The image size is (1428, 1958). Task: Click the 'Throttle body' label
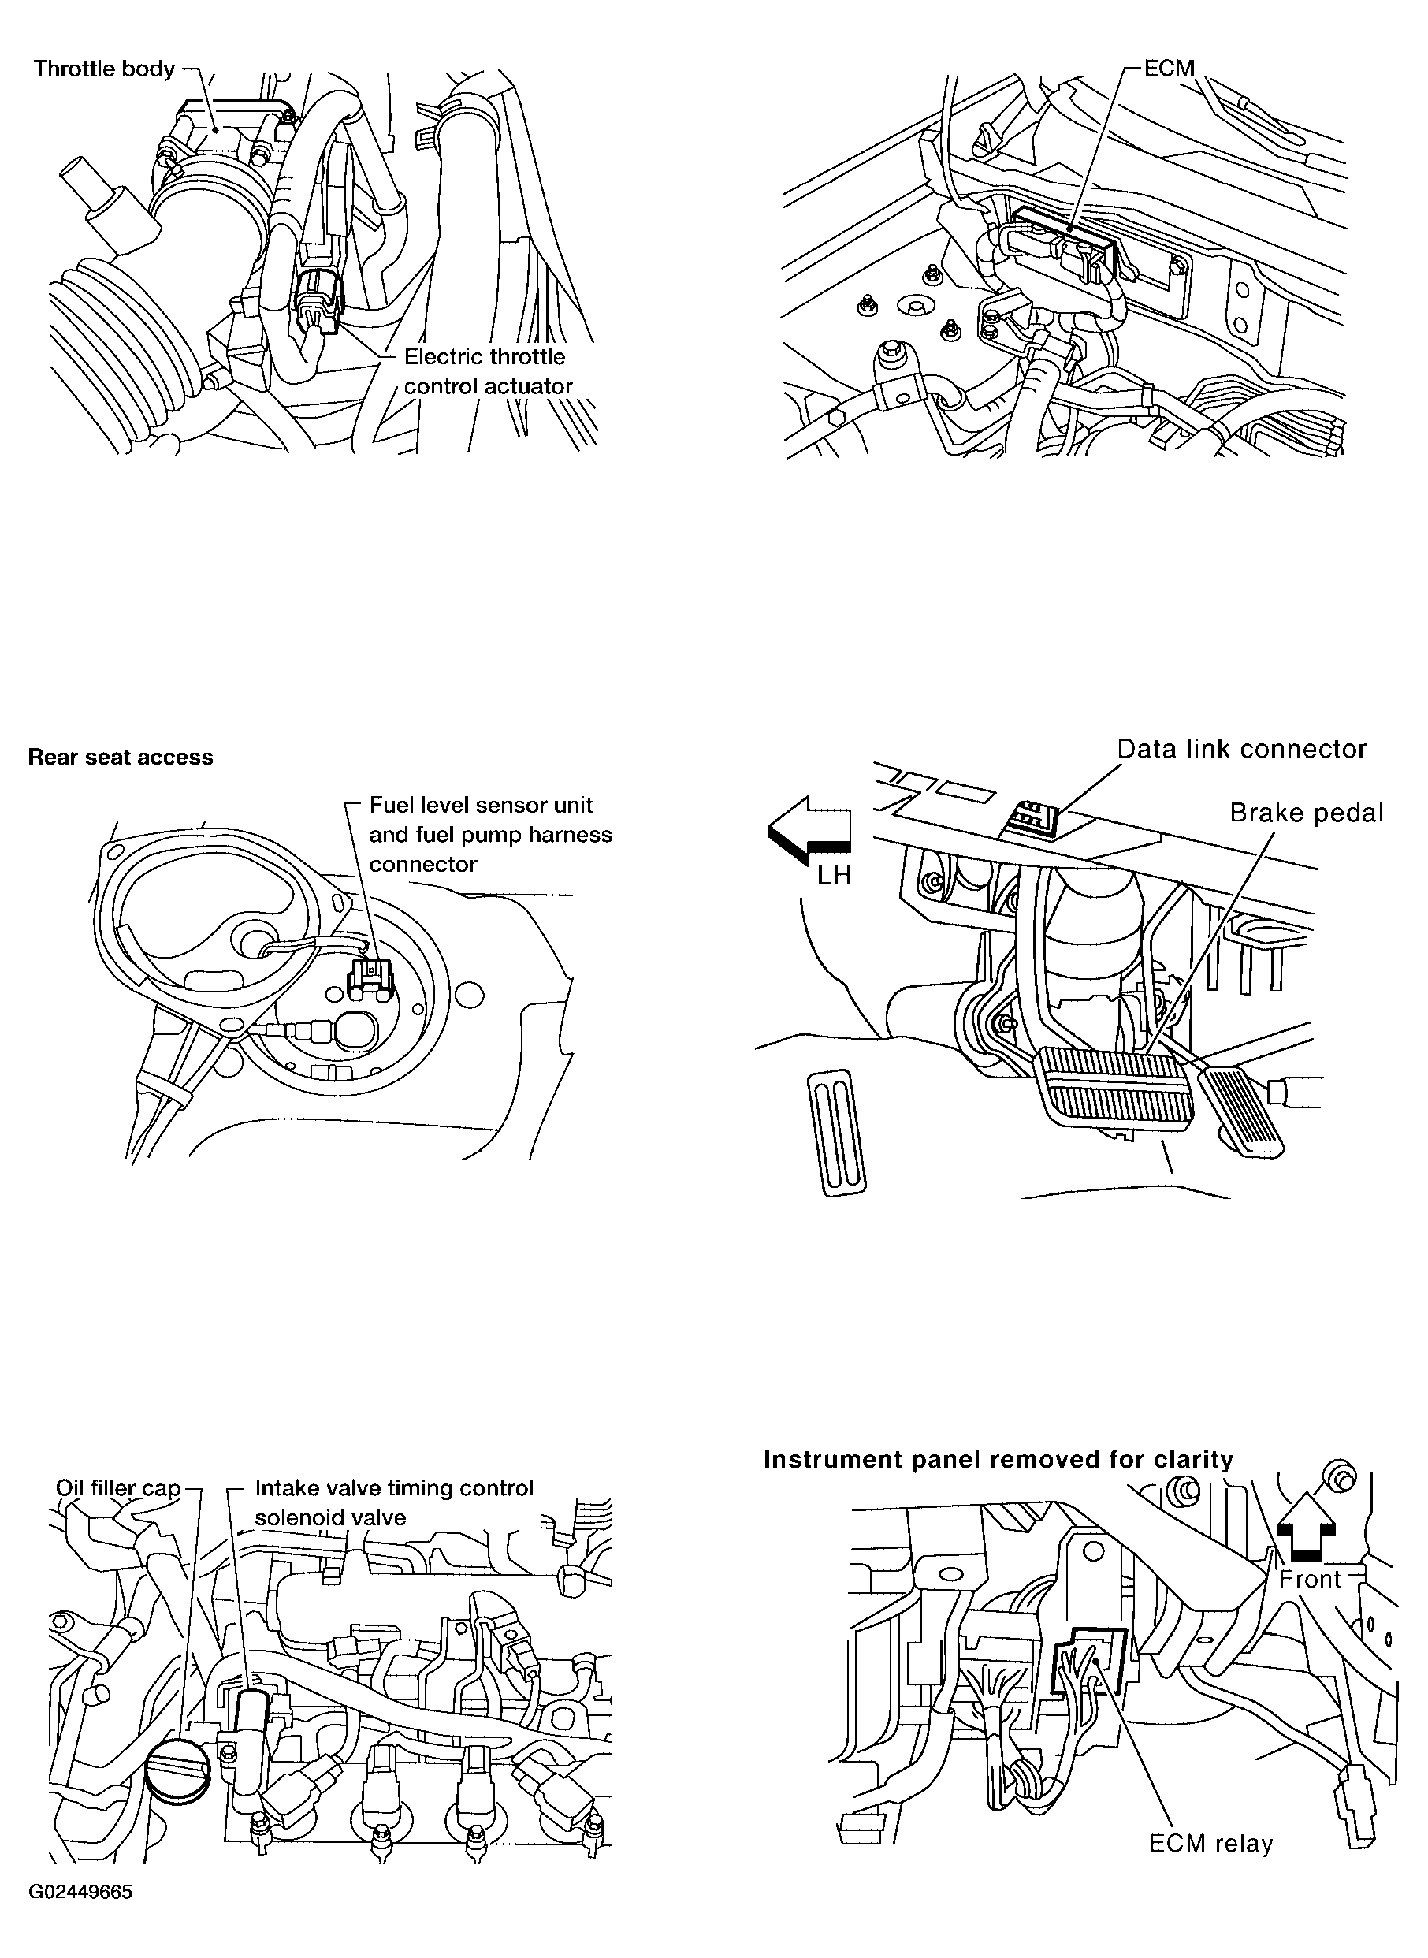(104, 69)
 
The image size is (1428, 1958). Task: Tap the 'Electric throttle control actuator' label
(489, 370)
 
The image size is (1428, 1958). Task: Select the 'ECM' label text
(1169, 69)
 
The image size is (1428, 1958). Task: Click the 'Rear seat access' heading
(120, 758)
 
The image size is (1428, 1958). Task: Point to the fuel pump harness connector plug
(369, 977)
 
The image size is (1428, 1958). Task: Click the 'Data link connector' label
(1241, 749)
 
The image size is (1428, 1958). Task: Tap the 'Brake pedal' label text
(1306, 813)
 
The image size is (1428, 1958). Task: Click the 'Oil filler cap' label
(118, 1487)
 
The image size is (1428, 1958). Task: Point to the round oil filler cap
(178, 1771)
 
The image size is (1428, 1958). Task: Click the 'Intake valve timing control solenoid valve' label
(394, 1502)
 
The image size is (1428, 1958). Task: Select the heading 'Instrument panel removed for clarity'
(998, 1460)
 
